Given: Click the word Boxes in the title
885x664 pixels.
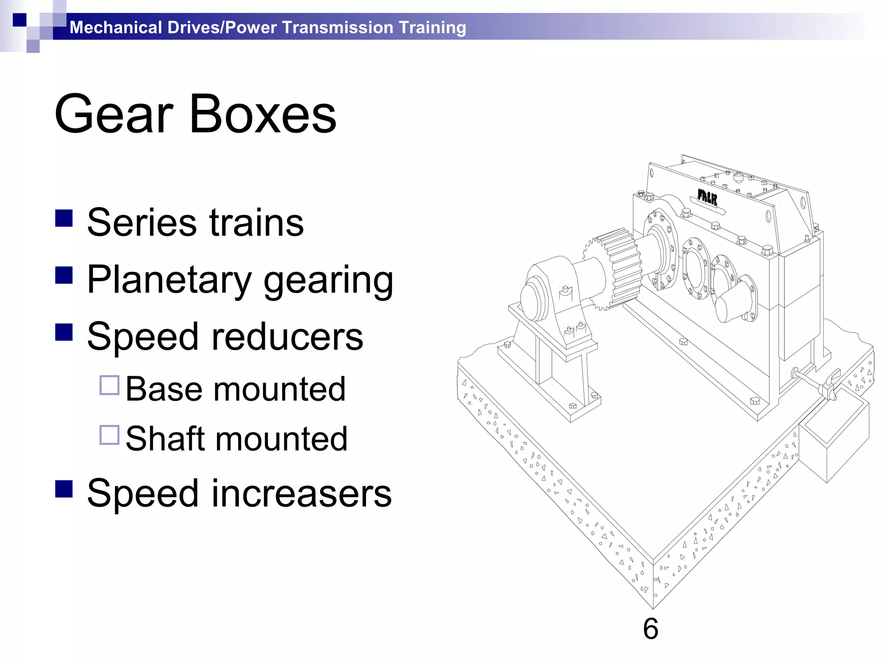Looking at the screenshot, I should (x=263, y=114).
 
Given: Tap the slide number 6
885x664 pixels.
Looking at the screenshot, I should (x=650, y=629).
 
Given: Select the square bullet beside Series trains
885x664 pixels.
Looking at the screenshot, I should (x=64, y=218).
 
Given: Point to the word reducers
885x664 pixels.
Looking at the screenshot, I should (x=287, y=337).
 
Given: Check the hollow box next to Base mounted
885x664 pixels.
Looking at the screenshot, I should (x=109, y=385).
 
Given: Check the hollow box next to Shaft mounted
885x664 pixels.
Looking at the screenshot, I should (x=109, y=435).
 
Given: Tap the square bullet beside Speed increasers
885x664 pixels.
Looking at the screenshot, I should (x=64, y=489).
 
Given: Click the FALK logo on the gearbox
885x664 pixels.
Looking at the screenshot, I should (x=707, y=198).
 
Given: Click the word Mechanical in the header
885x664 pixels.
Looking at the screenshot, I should (x=115, y=28).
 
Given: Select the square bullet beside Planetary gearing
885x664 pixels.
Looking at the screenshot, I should (x=64, y=275).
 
